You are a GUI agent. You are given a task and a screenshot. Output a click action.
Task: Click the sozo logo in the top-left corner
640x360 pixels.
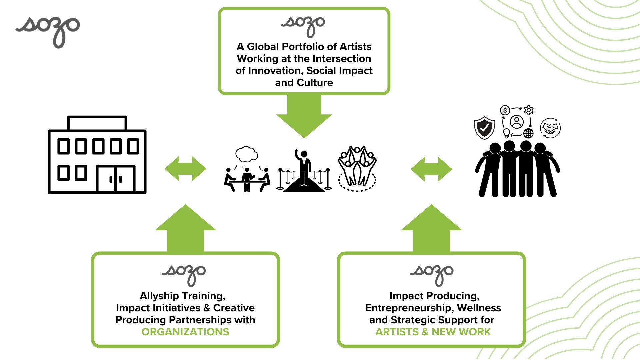48,30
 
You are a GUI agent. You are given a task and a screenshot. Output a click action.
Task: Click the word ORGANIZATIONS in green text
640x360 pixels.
185,332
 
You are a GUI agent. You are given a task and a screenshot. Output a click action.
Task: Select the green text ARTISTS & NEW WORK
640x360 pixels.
433,332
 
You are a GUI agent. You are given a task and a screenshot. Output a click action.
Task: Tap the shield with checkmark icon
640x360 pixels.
484,127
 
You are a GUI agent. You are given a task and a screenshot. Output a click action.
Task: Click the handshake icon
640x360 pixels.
550,128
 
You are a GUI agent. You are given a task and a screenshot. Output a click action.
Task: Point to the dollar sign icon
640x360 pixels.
505,110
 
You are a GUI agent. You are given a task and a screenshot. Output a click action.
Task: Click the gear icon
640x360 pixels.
529,110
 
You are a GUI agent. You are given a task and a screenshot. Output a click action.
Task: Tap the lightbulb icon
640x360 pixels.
507,133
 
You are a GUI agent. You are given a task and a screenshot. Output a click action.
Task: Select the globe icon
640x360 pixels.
528,133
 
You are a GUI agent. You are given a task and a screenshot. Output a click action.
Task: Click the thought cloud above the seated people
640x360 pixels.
246,154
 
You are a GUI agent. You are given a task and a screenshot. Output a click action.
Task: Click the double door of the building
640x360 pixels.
116,179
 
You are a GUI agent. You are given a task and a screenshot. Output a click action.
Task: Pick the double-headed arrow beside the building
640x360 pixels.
185,169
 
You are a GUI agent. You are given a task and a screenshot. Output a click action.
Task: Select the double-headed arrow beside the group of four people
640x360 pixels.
431,169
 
